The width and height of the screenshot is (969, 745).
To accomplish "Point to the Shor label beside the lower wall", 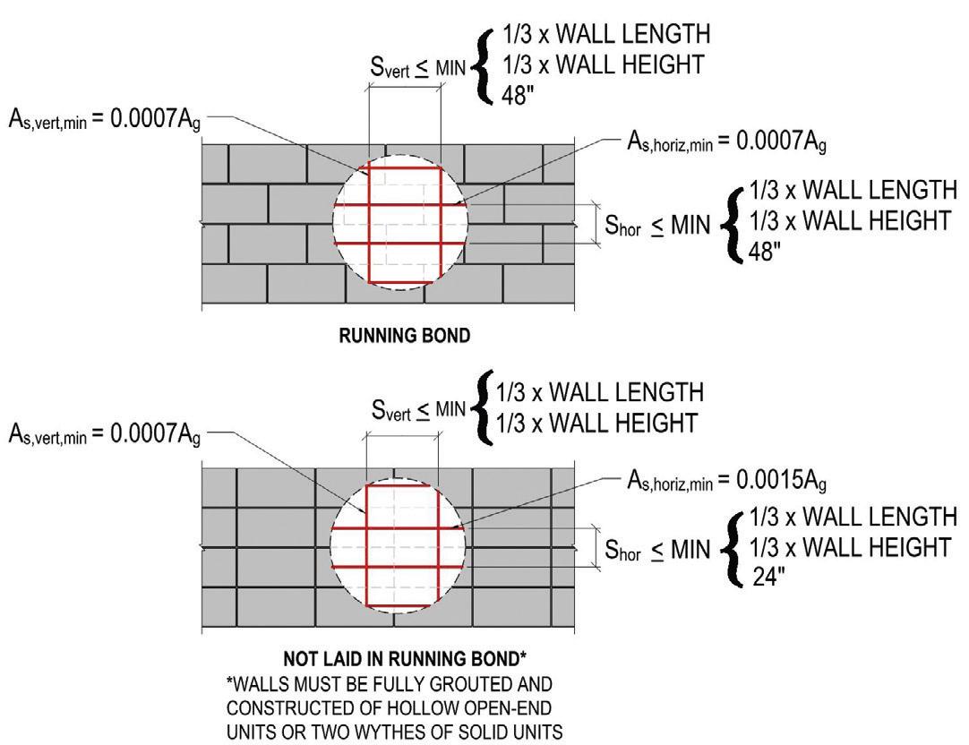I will tap(622, 552).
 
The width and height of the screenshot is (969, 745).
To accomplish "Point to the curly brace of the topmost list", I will tap(487, 64).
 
